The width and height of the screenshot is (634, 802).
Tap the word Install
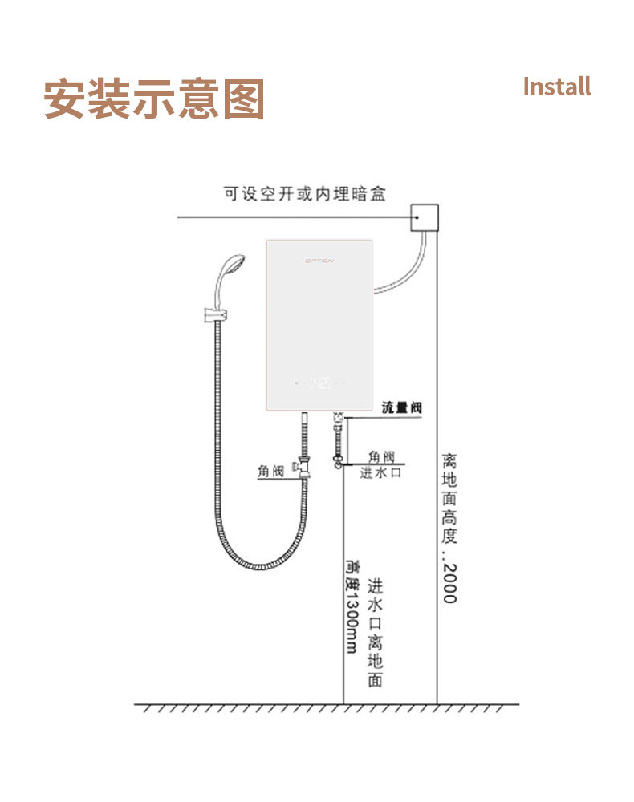tap(556, 87)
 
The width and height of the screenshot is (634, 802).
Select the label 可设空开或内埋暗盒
tap(305, 194)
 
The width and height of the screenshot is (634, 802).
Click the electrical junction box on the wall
tap(425, 217)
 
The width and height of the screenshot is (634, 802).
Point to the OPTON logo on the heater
tap(319, 261)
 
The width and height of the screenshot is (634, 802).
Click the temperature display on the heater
tap(320, 383)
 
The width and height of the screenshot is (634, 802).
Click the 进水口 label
tap(380, 473)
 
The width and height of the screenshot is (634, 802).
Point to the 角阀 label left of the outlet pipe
tap(270, 472)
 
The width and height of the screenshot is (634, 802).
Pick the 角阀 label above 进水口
tap(381, 456)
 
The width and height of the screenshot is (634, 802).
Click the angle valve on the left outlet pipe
tap(303, 466)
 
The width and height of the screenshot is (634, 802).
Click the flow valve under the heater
tap(339, 419)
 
